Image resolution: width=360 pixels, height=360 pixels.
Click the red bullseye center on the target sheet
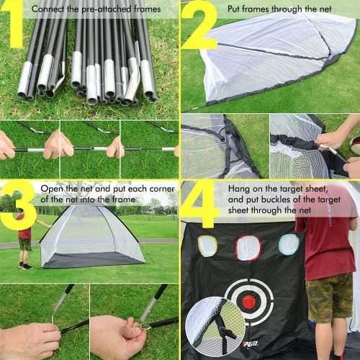coord(248,302)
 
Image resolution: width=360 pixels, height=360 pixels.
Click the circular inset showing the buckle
coord(214,328)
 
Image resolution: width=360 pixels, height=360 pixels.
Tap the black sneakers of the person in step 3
coord(26,266)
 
